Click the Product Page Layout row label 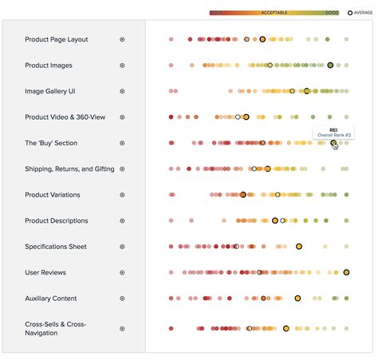click(x=56, y=39)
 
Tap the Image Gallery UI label click(x=49, y=91)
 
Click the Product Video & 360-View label click(x=65, y=117)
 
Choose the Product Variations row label click(x=52, y=195)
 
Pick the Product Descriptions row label click(x=56, y=221)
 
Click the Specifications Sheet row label click(x=56, y=247)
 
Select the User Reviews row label click(x=45, y=273)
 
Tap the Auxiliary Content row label click(x=50, y=299)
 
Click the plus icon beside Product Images click(x=122, y=65)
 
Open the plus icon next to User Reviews click(x=122, y=273)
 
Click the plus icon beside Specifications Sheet click(x=122, y=247)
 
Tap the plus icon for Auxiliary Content click(x=122, y=299)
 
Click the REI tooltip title click(x=333, y=129)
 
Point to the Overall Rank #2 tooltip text click(x=335, y=135)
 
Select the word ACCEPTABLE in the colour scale click(x=274, y=13)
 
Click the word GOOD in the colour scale click(x=332, y=13)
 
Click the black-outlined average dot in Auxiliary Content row click(x=297, y=299)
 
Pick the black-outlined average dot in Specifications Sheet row click(x=299, y=247)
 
